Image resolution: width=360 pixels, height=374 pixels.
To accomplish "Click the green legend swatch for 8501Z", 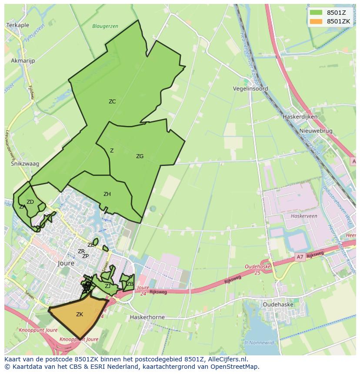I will pyautogui.click(x=316, y=13).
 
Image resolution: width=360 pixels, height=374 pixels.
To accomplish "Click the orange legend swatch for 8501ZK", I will pyautogui.click(x=316, y=21).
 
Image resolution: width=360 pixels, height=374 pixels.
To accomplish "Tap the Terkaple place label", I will pyautogui.click(x=18, y=26).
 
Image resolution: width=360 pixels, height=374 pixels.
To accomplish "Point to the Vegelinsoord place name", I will pyautogui.click(x=250, y=89).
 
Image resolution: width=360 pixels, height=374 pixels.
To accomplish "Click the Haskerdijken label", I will pyautogui.click(x=300, y=117).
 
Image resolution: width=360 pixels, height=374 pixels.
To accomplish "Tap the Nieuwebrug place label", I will pyautogui.click(x=316, y=131).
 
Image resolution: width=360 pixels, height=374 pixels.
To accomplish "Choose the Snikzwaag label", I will pyautogui.click(x=25, y=164).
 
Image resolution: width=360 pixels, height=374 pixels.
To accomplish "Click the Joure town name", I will pyautogui.click(x=66, y=263).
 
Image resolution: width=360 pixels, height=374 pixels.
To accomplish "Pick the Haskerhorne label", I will pyautogui.click(x=147, y=317).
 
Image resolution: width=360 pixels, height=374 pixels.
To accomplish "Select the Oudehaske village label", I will pyautogui.click(x=278, y=304).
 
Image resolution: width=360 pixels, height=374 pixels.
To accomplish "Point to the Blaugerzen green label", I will pyautogui.click(x=105, y=26).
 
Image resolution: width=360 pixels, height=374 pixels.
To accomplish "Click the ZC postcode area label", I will pyautogui.click(x=112, y=102).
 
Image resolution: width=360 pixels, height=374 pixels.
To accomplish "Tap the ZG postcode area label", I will pyautogui.click(x=140, y=156).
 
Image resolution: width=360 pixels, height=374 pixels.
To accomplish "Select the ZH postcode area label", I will pyautogui.click(x=107, y=194).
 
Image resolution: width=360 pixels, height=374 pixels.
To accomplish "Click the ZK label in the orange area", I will pyautogui.click(x=80, y=314).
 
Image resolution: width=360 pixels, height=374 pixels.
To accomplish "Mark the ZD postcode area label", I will pyautogui.click(x=30, y=202).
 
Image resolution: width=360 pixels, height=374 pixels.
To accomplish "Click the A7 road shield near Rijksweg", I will pyautogui.click(x=300, y=257).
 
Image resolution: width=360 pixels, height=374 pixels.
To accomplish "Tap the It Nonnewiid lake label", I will pyautogui.click(x=259, y=343).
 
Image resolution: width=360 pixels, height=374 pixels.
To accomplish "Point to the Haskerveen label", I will pyautogui.click(x=304, y=216).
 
